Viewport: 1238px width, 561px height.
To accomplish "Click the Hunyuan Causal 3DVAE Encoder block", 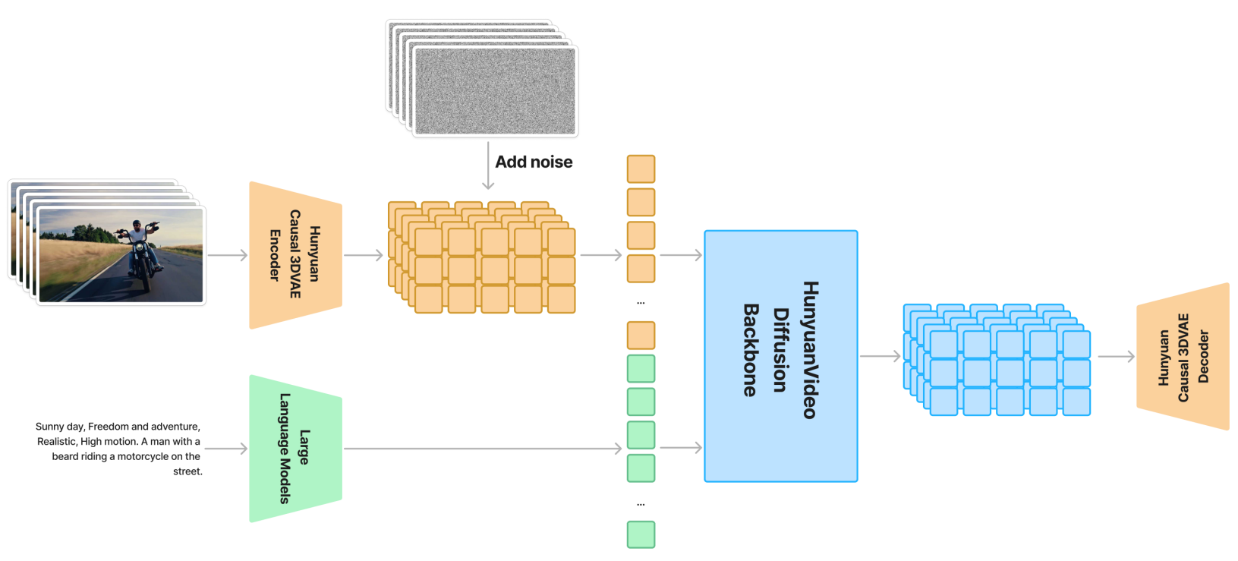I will (295, 255).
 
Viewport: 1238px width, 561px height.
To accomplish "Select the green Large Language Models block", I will (295, 448).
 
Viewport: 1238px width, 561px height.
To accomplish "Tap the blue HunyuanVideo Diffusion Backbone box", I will (780, 356).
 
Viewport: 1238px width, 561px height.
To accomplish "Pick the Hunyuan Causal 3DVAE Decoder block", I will (1183, 357).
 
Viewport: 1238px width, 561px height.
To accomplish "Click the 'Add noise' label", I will (534, 162).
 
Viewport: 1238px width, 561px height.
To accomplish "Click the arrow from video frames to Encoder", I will (227, 255).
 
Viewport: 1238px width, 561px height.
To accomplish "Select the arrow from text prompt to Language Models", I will (225, 449).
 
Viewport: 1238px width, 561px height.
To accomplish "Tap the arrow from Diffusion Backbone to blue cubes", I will (880, 356).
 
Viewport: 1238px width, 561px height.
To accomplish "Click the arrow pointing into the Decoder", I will (1116, 356).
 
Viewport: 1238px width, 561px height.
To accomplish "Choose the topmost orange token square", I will (641, 169).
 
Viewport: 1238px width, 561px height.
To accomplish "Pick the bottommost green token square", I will (641, 534).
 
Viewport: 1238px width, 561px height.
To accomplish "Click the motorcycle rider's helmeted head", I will (137, 225).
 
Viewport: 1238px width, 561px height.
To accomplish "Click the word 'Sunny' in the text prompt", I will (49, 427).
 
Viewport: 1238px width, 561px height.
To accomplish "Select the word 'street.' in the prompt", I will (187, 471).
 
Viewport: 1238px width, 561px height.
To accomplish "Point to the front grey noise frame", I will (495, 91).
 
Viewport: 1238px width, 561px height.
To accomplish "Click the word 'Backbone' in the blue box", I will (751, 350).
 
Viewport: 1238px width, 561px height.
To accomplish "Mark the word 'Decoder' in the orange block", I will (1203, 357).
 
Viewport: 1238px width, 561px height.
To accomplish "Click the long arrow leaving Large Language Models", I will (482, 449).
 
